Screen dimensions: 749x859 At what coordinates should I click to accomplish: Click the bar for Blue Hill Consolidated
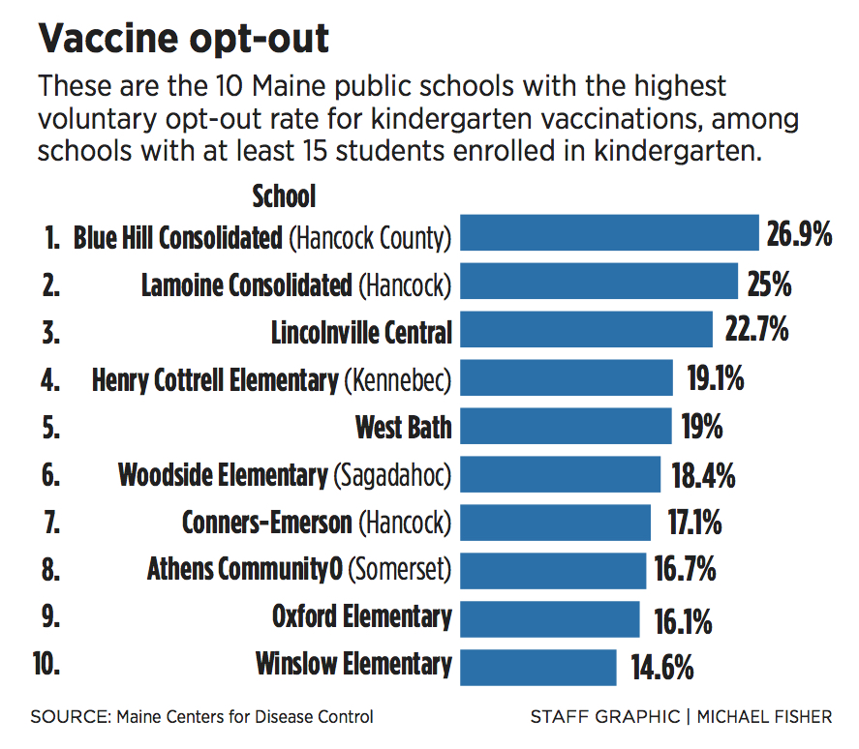click(x=609, y=234)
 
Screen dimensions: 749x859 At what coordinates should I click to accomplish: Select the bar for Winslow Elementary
click(x=538, y=667)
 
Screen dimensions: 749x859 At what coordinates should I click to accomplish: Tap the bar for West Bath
click(x=566, y=426)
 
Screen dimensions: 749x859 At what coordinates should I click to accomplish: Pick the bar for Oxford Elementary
click(x=550, y=618)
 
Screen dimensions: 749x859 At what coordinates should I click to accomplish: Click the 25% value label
click(x=770, y=284)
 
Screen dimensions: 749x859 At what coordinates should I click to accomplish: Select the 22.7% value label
click(x=756, y=331)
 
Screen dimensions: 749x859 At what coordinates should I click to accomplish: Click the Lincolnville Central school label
click(x=361, y=333)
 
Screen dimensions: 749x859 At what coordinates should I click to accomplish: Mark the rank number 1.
click(x=52, y=237)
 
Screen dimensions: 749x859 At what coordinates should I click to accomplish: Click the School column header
click(x=284, y=197)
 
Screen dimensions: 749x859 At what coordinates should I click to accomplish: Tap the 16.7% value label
click(x=685, y=571)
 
